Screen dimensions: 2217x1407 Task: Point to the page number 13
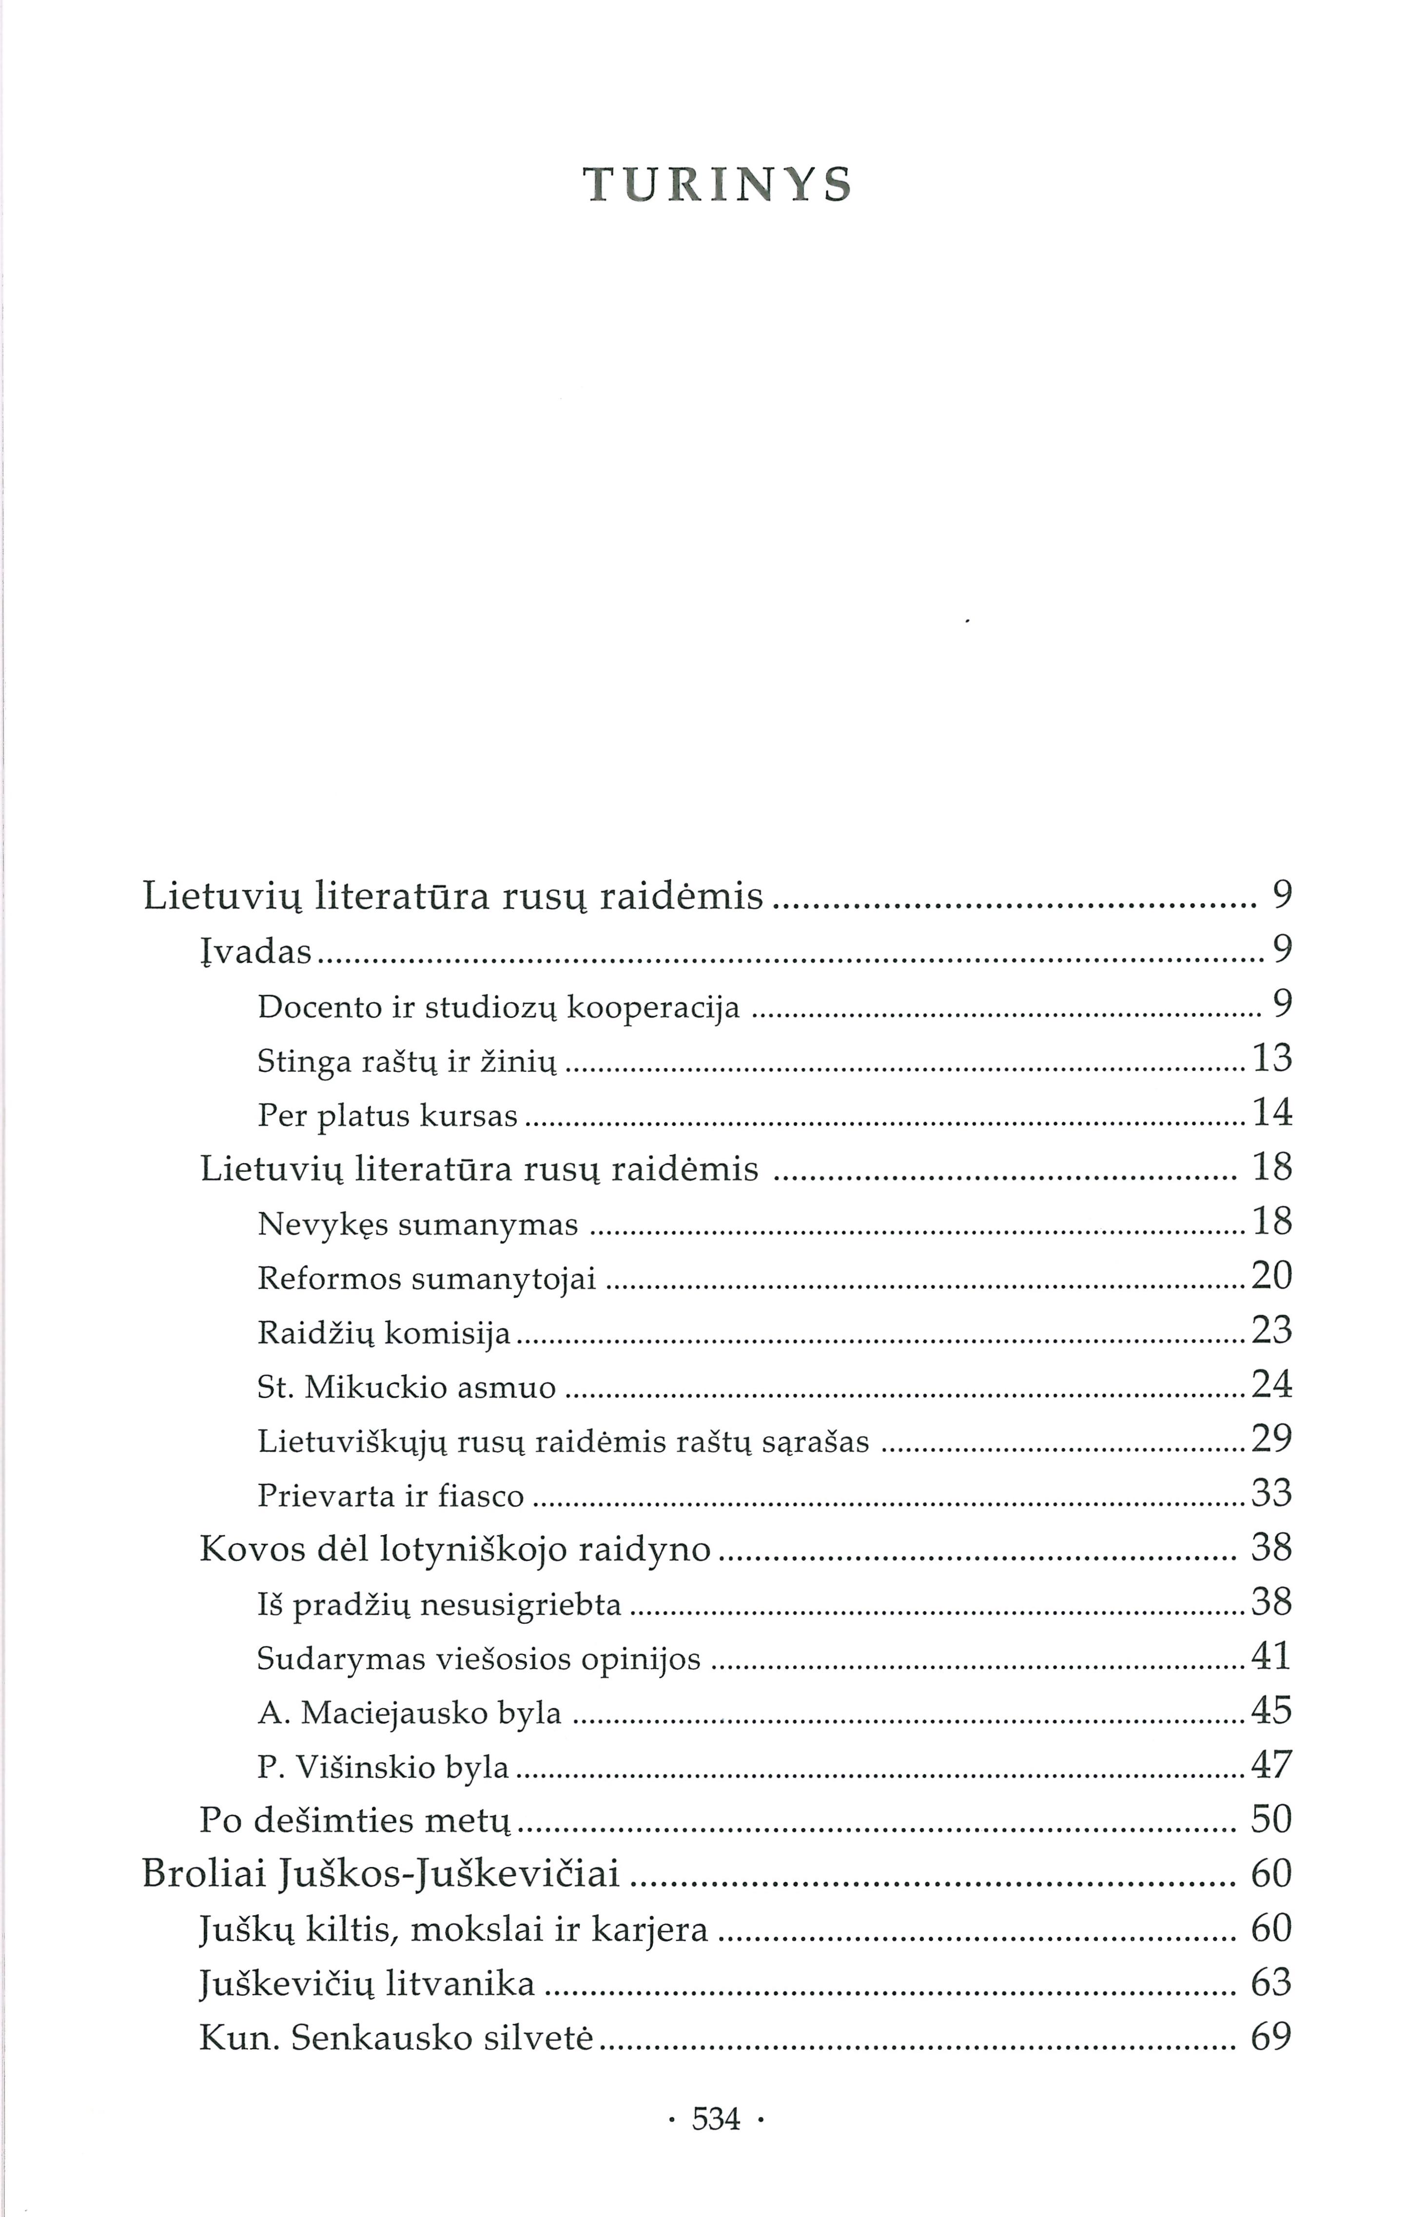(1271, 1059)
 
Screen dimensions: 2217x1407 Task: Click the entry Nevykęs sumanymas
(418, 1224)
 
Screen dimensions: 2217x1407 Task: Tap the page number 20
(1271, 1276)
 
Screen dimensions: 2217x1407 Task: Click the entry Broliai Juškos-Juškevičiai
(381, 1874)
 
